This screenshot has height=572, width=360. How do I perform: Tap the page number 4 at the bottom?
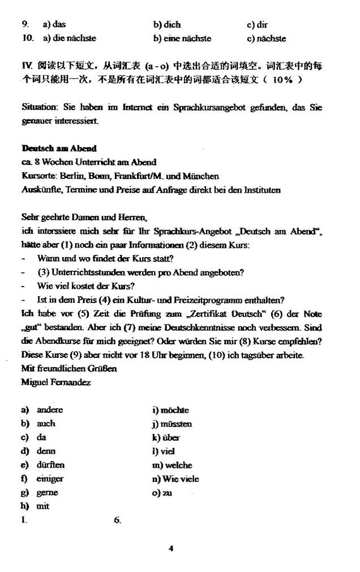pos(170,548)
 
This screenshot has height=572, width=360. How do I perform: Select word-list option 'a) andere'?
pos(42,410)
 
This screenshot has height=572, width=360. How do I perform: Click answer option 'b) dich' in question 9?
pos(167,25)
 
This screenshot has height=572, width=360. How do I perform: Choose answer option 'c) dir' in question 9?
pos(258,25)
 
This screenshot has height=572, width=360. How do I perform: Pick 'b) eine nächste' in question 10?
pos(182,39)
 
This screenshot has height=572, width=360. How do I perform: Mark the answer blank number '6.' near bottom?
pos(117,520)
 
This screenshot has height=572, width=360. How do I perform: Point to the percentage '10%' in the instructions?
pos(282,80)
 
